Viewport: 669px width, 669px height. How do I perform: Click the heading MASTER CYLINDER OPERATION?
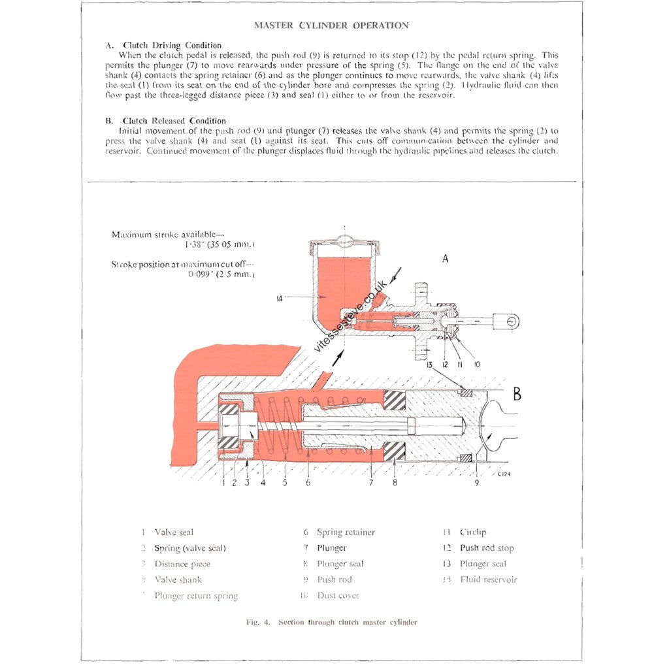tap(331, 25)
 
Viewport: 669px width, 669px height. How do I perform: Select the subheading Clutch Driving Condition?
tap(172, 45)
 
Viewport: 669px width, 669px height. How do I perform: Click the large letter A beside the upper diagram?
tap(446, 259)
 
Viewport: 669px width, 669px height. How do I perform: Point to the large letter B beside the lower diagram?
tap(517, 394)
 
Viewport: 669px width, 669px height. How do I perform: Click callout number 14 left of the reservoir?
tap(281, 298)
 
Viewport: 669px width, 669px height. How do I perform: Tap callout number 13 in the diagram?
tap(429, 365)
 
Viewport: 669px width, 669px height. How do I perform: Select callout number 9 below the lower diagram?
tap(476, 483)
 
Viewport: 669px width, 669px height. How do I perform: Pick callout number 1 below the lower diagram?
tap(223, 483)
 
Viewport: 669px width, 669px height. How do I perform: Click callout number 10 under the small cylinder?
tap(476, 365)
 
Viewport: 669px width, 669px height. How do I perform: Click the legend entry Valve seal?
tap(174, 532)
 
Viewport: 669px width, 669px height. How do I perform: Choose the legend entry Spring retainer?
tap(346, 532)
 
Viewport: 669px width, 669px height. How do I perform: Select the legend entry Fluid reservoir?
tap(488, 579)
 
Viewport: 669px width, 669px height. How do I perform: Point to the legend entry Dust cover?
tap(338, 595)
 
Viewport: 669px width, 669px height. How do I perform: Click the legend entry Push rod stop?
tap(487, 548)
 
